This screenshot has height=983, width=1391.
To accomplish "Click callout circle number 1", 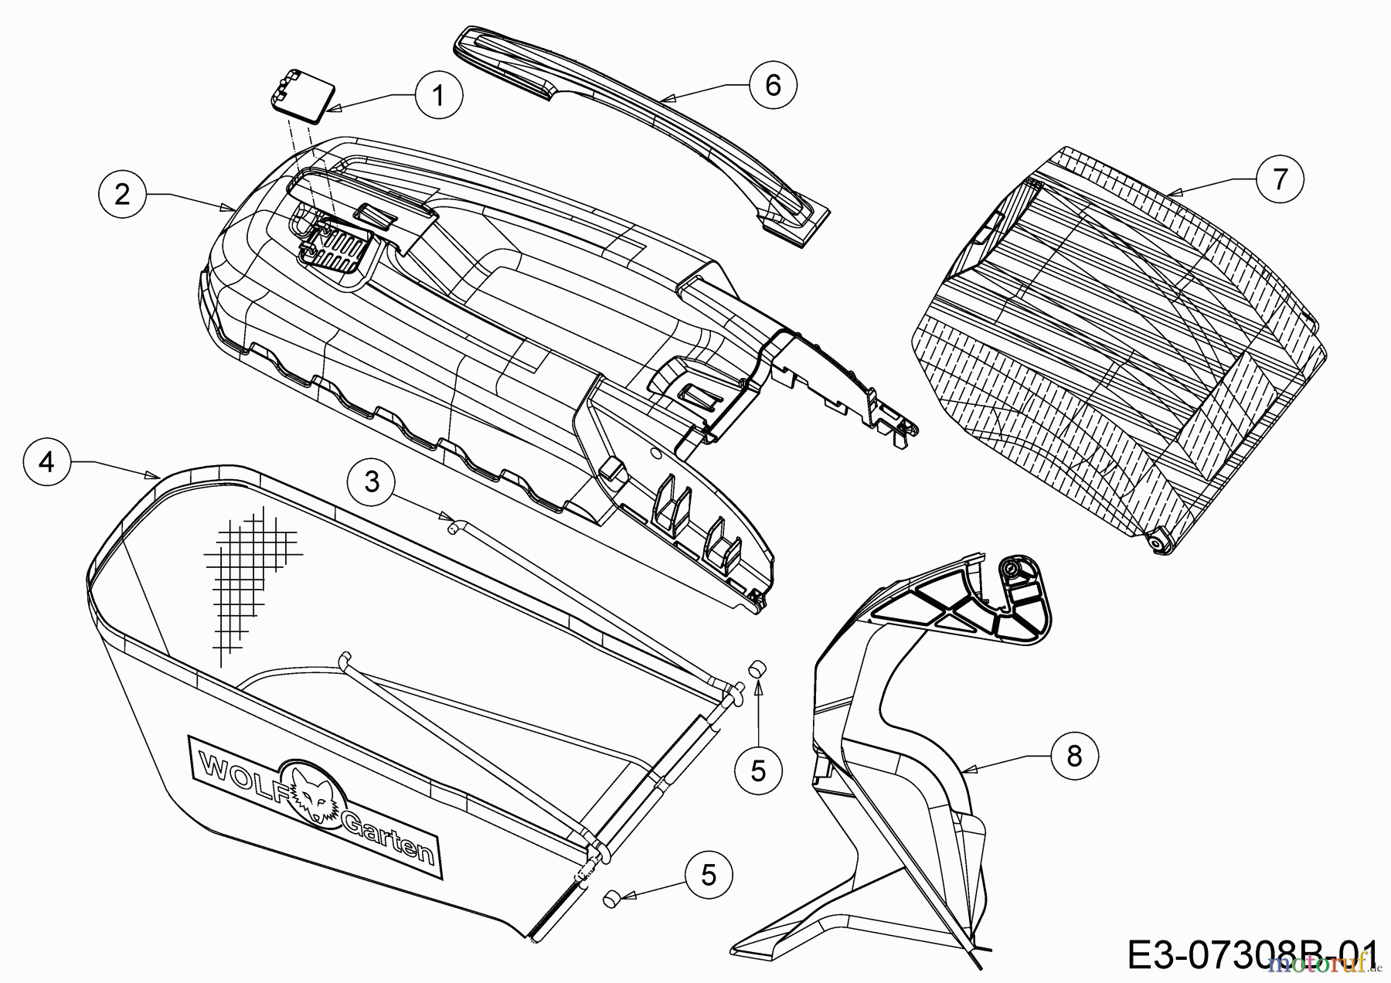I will [438, 96].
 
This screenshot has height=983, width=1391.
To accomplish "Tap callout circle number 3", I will [372, 482].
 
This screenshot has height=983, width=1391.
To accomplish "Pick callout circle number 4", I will [47, 462].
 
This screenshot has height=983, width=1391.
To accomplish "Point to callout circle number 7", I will [1280, 179].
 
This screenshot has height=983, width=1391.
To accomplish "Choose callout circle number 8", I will [1074, 756].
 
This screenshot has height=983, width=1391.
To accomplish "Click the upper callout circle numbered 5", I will [758, 770].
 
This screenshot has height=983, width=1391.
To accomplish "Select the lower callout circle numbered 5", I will [709, 875].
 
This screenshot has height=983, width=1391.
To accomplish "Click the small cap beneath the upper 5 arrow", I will [757, 670].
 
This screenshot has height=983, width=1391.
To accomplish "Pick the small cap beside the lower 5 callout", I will [613, 898].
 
